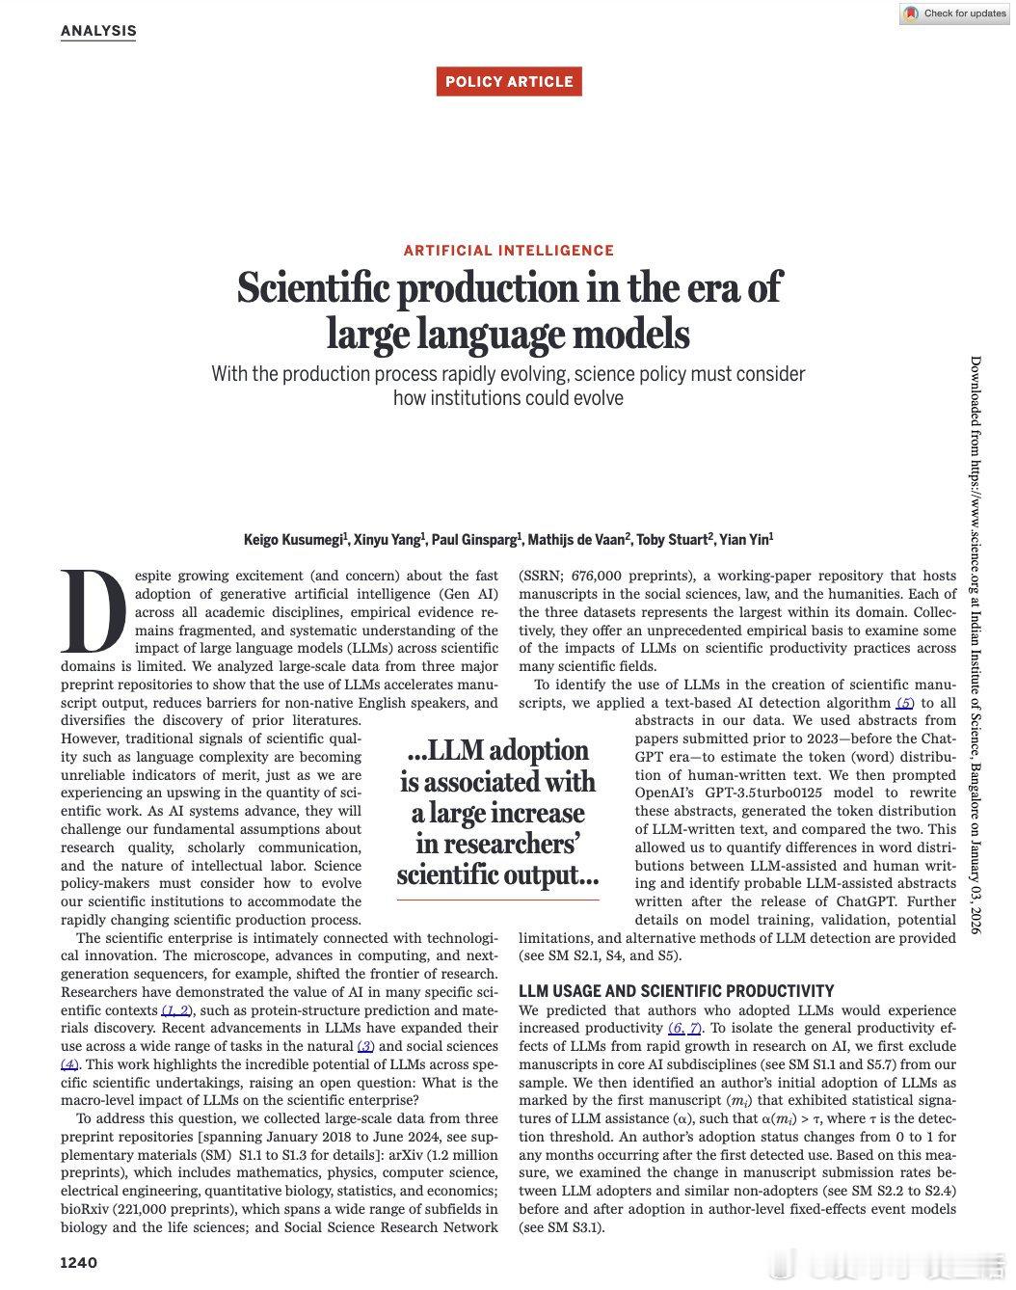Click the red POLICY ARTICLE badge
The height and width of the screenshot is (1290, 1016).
(x=509, y=82)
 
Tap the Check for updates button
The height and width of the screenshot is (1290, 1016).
(x=954, y=13)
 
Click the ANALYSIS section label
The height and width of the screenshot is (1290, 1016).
(x=98, y=30)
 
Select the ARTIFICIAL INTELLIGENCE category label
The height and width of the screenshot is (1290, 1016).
(x=508, y=251)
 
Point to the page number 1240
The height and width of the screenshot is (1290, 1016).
(x=79, y=1263)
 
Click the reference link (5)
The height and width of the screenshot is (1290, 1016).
(x=904, y=703)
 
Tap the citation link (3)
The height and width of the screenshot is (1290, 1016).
(x=365, y=1047)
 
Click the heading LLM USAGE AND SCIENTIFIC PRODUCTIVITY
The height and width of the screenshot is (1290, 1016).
(x=676, y=991)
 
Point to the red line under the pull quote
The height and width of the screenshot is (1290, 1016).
(x=497, y=900)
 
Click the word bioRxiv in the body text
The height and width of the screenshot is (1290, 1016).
(x=87, y=1210)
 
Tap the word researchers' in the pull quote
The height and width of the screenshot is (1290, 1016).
(x=497, y=845)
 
